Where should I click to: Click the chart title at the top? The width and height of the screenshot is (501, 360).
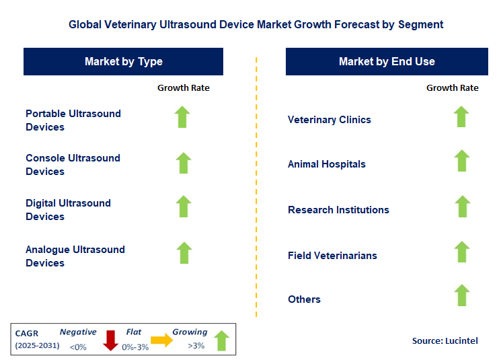point(256,24)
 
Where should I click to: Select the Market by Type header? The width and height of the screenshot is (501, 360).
point(124,61)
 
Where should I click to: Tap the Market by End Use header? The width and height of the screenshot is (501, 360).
point(387,61)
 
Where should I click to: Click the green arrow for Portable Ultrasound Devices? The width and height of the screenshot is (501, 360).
point(183,117)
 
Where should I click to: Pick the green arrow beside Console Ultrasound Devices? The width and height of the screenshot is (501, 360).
point(183,163)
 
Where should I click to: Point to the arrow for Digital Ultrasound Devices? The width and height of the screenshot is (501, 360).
point(183,207)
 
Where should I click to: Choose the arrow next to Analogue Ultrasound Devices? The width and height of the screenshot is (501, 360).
point(183,253)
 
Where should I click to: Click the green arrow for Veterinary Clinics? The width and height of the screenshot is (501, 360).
point(461,117)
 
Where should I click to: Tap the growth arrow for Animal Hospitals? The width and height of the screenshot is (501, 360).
point(461,161)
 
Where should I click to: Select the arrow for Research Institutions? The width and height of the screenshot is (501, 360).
point(461,207)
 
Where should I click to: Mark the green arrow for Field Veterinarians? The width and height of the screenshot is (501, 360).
point(461,252)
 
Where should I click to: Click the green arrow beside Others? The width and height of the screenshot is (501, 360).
point(461,295)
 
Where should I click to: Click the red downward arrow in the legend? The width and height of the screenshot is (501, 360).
point(110,341)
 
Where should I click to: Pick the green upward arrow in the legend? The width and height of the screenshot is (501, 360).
point(222,340)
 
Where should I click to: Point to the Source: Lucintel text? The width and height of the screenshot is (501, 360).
point(445,340)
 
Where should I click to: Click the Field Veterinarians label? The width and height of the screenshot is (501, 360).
point(332,256)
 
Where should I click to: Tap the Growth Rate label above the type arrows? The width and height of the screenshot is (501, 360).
point(183,87)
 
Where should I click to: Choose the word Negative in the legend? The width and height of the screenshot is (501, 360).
point(78,332)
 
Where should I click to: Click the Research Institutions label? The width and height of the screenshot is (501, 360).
point(338,210)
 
